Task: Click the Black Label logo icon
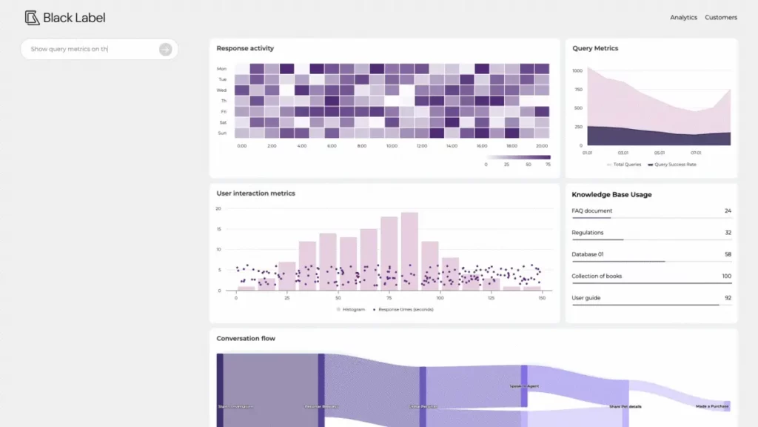[32, 18]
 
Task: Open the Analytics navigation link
[683, 18]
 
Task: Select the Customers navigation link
[720, 18]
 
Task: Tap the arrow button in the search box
[166, 50]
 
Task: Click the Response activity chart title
[245, 49]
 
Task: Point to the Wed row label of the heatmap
[222, 90]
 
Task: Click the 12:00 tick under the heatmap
[421, 146]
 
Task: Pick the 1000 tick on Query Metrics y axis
[577, 70]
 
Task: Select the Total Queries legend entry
[626, 165]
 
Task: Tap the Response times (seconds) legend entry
[405, 309]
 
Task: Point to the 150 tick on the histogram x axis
[542, 297]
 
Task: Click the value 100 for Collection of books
[726, 277]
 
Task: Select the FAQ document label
[592, 211]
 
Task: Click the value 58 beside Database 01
[728, 254]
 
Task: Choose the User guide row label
[586, 298]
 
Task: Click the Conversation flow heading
[246, 339]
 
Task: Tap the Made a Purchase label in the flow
[711, 406]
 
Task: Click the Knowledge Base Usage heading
[611, 195]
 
